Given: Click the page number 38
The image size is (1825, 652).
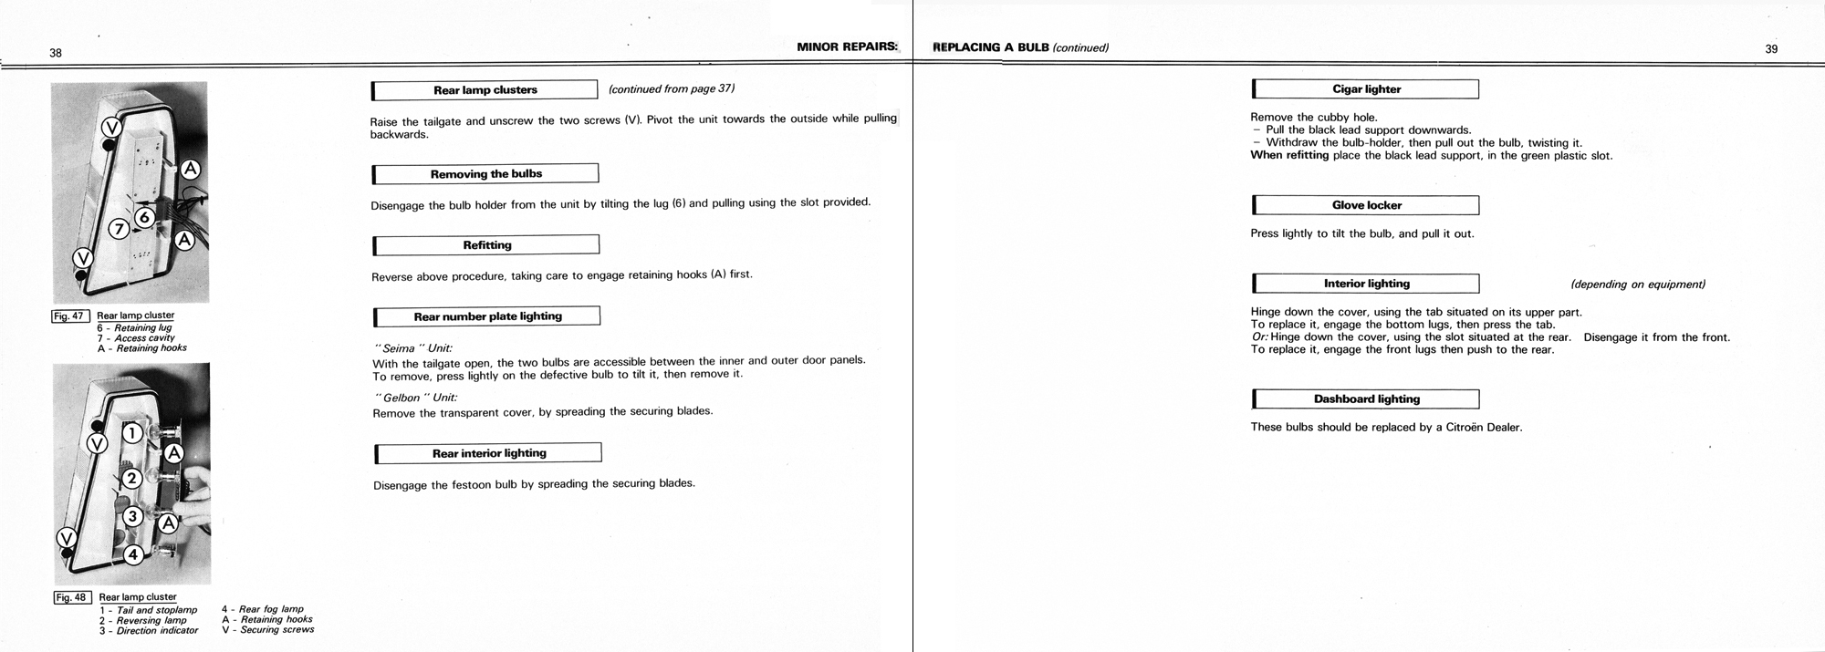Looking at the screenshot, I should click(56, 53).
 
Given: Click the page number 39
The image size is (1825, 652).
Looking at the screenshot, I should click(1771, 49).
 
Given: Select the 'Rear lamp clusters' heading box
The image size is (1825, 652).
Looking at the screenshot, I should click(485, 90).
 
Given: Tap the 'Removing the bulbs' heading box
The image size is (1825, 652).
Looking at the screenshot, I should click(485, 174).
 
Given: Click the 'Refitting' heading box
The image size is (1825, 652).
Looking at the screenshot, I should click(486, 245).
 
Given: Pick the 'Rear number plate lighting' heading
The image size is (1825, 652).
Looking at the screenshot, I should click(487, 316).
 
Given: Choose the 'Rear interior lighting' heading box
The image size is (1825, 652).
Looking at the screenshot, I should click(489, 453).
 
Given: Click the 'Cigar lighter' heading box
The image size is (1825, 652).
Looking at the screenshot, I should click(1366, 89).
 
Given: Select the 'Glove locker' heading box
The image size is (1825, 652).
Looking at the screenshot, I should click(1366, 205).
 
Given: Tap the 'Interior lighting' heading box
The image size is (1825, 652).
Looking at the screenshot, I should click(1366, 284).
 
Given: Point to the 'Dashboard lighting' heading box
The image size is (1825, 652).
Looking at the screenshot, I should click(1366, 399).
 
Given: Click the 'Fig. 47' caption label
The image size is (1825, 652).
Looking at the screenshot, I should click(69, 316).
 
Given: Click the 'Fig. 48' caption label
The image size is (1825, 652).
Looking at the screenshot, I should click(71, 598).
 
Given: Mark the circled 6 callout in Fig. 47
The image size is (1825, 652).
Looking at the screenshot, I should click(144, 217).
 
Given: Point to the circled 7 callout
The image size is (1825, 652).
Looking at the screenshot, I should click(119, 229).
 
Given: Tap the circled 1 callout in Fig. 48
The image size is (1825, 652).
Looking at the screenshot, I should click(132, 433).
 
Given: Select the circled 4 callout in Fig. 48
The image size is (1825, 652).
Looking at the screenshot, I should click(132, 554).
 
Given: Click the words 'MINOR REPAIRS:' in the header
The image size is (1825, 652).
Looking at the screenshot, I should click(847, 47).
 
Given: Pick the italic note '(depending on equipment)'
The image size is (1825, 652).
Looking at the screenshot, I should click(1637, 285).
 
